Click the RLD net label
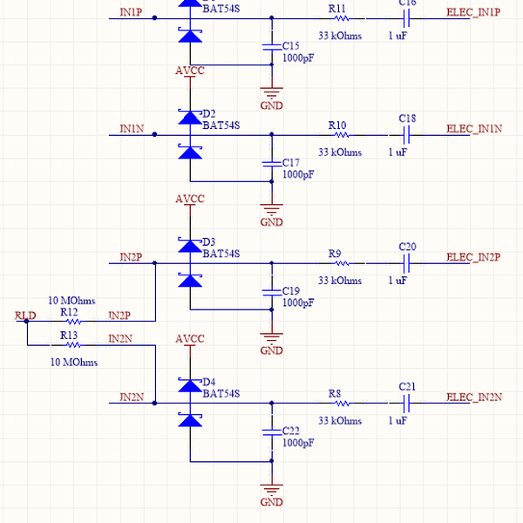25,315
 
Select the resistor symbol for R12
70,322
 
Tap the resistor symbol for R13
70,345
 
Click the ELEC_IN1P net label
473,12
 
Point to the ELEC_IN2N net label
474,397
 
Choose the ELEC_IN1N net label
474,128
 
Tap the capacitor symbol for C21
406,403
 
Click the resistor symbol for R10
338,135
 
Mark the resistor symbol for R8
338,403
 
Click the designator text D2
208,113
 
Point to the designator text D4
208,382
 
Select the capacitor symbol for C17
271,163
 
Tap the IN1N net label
132,128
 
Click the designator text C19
291,290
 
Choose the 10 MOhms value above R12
71,300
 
